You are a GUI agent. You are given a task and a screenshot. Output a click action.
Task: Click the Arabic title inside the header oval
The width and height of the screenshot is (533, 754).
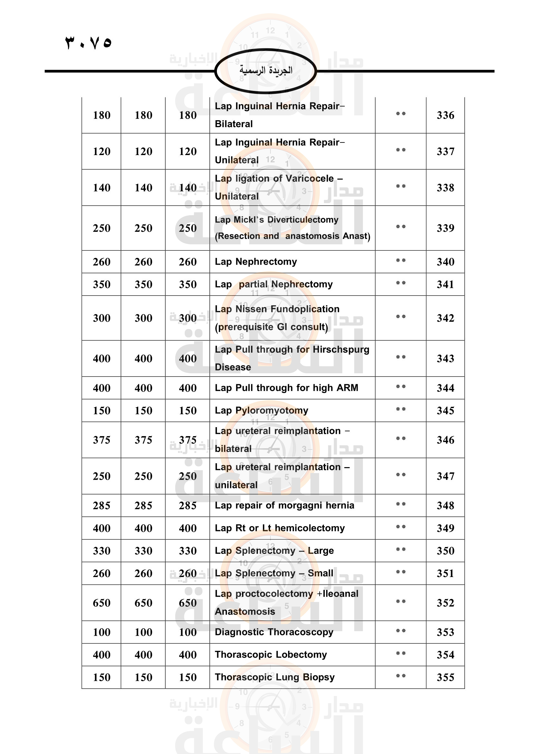click(x=266, y=70)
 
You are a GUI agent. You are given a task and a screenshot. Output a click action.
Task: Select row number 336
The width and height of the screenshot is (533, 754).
click(x=445, y=115)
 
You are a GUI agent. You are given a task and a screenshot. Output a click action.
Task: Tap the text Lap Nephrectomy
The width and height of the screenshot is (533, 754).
click(x=256, y=262)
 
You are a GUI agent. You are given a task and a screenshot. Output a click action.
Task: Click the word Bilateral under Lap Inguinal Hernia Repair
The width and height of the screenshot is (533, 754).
click(x=234, y=124)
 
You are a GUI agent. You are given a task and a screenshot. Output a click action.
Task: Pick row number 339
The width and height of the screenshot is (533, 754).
click(x=445, y=228)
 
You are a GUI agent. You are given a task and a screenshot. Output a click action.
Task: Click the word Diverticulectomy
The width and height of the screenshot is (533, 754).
click(x=303, y=220)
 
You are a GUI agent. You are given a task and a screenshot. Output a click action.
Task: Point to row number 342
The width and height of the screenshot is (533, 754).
click(x=445, y=318)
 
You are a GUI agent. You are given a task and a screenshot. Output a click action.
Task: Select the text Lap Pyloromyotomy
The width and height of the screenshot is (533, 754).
click(x=261, y=410)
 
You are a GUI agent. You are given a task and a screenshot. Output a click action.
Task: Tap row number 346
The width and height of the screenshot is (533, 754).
click(x=445, y=440)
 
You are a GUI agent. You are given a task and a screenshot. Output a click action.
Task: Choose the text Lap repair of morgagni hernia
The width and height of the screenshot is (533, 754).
click(x=284, y=505)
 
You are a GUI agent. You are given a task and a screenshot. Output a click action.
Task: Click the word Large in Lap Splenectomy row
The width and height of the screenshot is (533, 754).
click(x=321, y=551)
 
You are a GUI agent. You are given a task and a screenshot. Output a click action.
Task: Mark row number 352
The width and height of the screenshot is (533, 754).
click(x=445, y=603)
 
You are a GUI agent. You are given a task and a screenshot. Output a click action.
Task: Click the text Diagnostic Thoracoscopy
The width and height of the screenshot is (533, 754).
click(x=274, y=632)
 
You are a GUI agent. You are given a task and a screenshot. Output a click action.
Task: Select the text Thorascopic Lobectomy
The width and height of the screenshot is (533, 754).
click(x=271, y=655)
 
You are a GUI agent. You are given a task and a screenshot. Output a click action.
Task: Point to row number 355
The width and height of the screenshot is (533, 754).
click(x=445, y=677)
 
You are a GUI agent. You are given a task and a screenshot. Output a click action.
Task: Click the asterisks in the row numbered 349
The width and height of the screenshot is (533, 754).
click(x=401, y=527)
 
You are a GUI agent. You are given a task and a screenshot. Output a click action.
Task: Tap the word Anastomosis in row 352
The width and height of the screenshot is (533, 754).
click(x=245, y=612)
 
